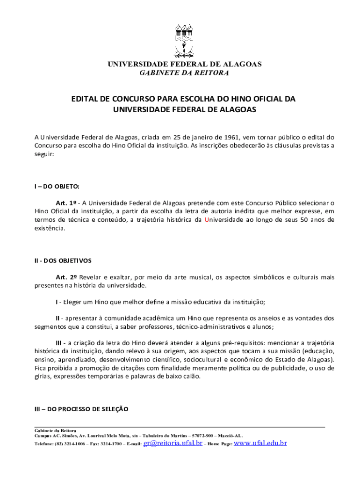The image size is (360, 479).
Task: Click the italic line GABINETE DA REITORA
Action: (x=185, y=73)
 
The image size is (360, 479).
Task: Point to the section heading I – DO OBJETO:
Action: (x=57, y=186)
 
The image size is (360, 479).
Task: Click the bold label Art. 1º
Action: (x=66, y=203)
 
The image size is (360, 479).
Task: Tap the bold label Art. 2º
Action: (x=66, y=277)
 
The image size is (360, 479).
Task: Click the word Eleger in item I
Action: (x=73, y=301)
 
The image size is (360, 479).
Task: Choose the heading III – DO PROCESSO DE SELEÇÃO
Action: (x=81, y=408)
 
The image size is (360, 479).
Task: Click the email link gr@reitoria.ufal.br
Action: (x=173, y=443)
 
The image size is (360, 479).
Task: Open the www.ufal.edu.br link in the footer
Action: (x=260, y=443)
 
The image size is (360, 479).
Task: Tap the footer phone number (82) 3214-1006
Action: (x=70, y=444)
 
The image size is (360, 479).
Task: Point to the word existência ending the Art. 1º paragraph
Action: (x=50, y=228)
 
